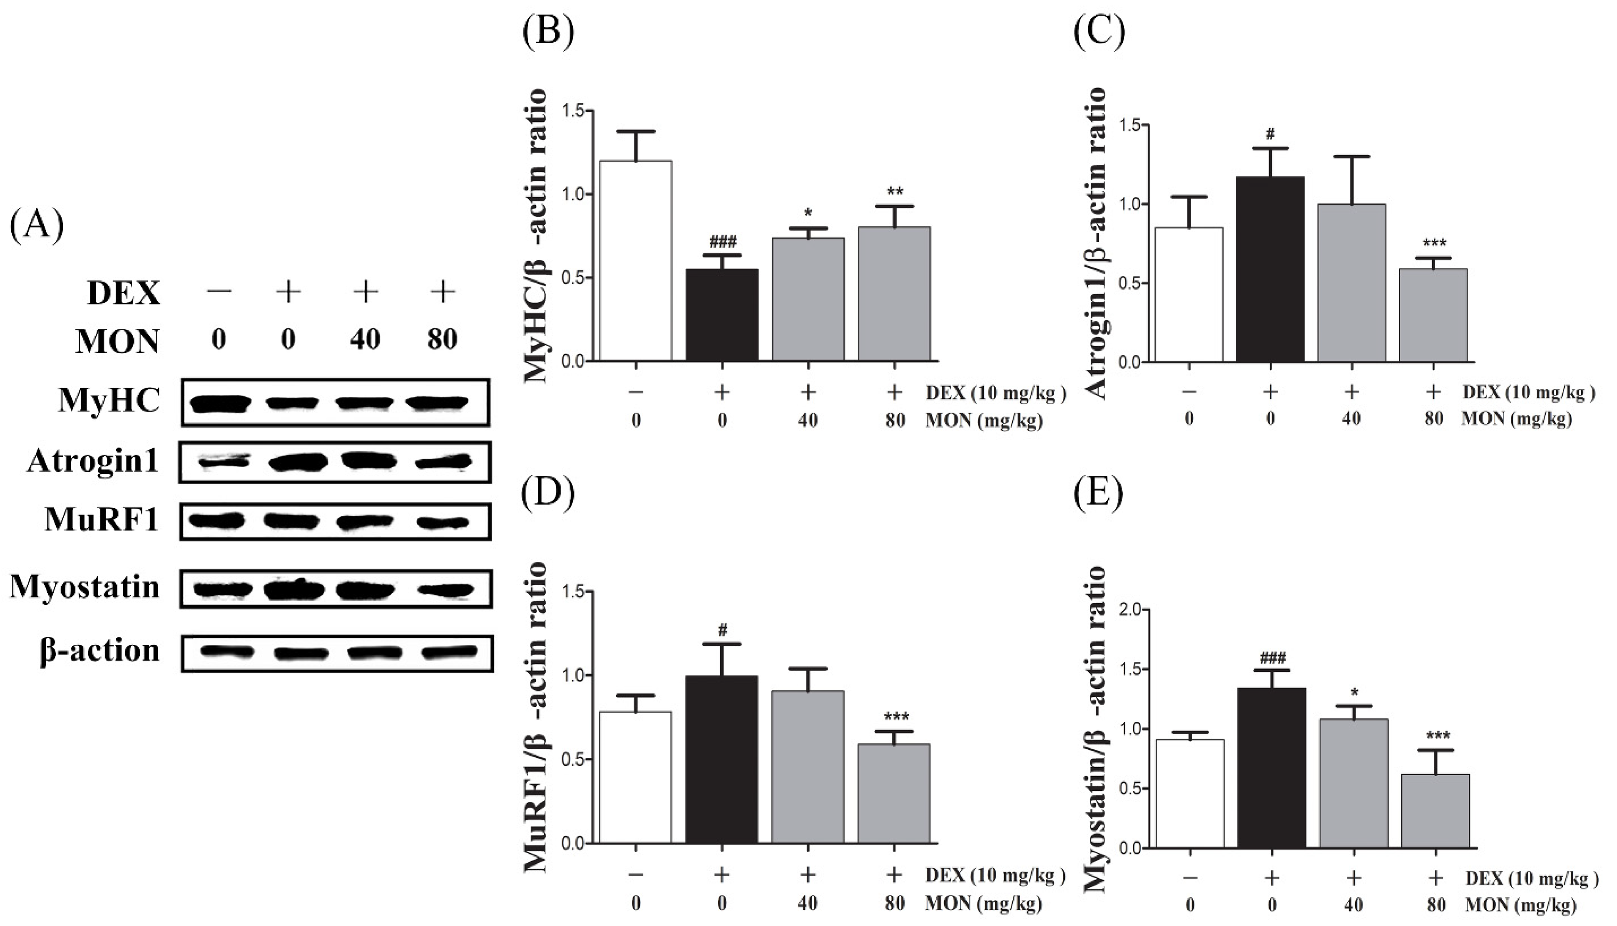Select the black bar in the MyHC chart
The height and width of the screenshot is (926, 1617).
[721, 315]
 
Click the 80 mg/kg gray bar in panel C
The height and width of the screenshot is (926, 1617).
[1433, 315]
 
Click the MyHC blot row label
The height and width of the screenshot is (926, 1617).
[109, 401]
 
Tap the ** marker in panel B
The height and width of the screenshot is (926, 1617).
[894, 191]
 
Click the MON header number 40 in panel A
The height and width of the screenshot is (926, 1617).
[365, 339]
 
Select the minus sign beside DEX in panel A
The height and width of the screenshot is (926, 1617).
[218, 291]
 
